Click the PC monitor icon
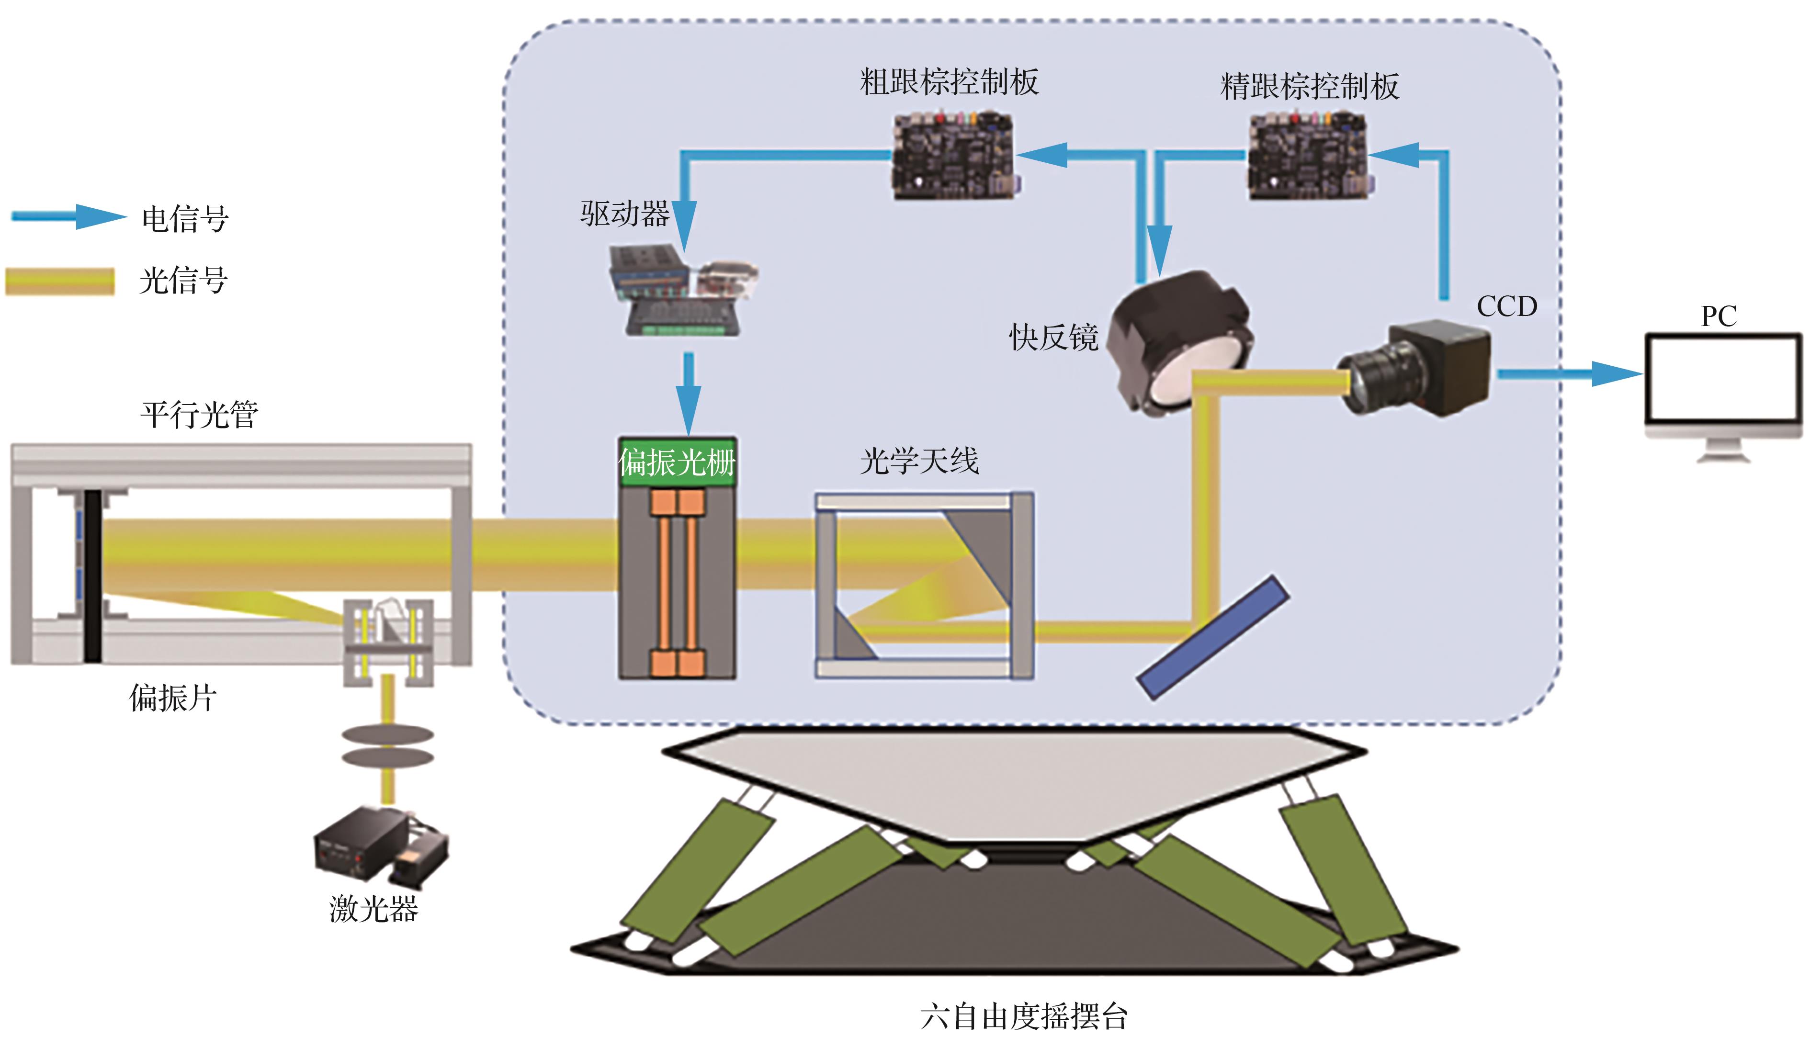(x=1722, y=388)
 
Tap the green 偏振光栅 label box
(x=677, y=462)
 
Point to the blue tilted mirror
(x=1212, y=636)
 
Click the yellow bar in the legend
(x=60, y=281)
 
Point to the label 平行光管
(x=199, y=415)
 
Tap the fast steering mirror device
(x=1179, y=343)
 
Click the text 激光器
(x=373, y=909)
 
